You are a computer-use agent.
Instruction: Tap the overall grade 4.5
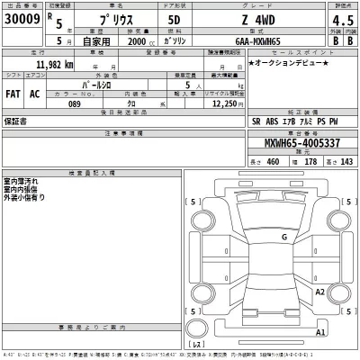click(341, 21)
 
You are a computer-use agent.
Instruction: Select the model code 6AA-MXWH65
click(261, 41)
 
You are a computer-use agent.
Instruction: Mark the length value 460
click(270, 161)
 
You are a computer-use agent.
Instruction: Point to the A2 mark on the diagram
click(319, 292)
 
